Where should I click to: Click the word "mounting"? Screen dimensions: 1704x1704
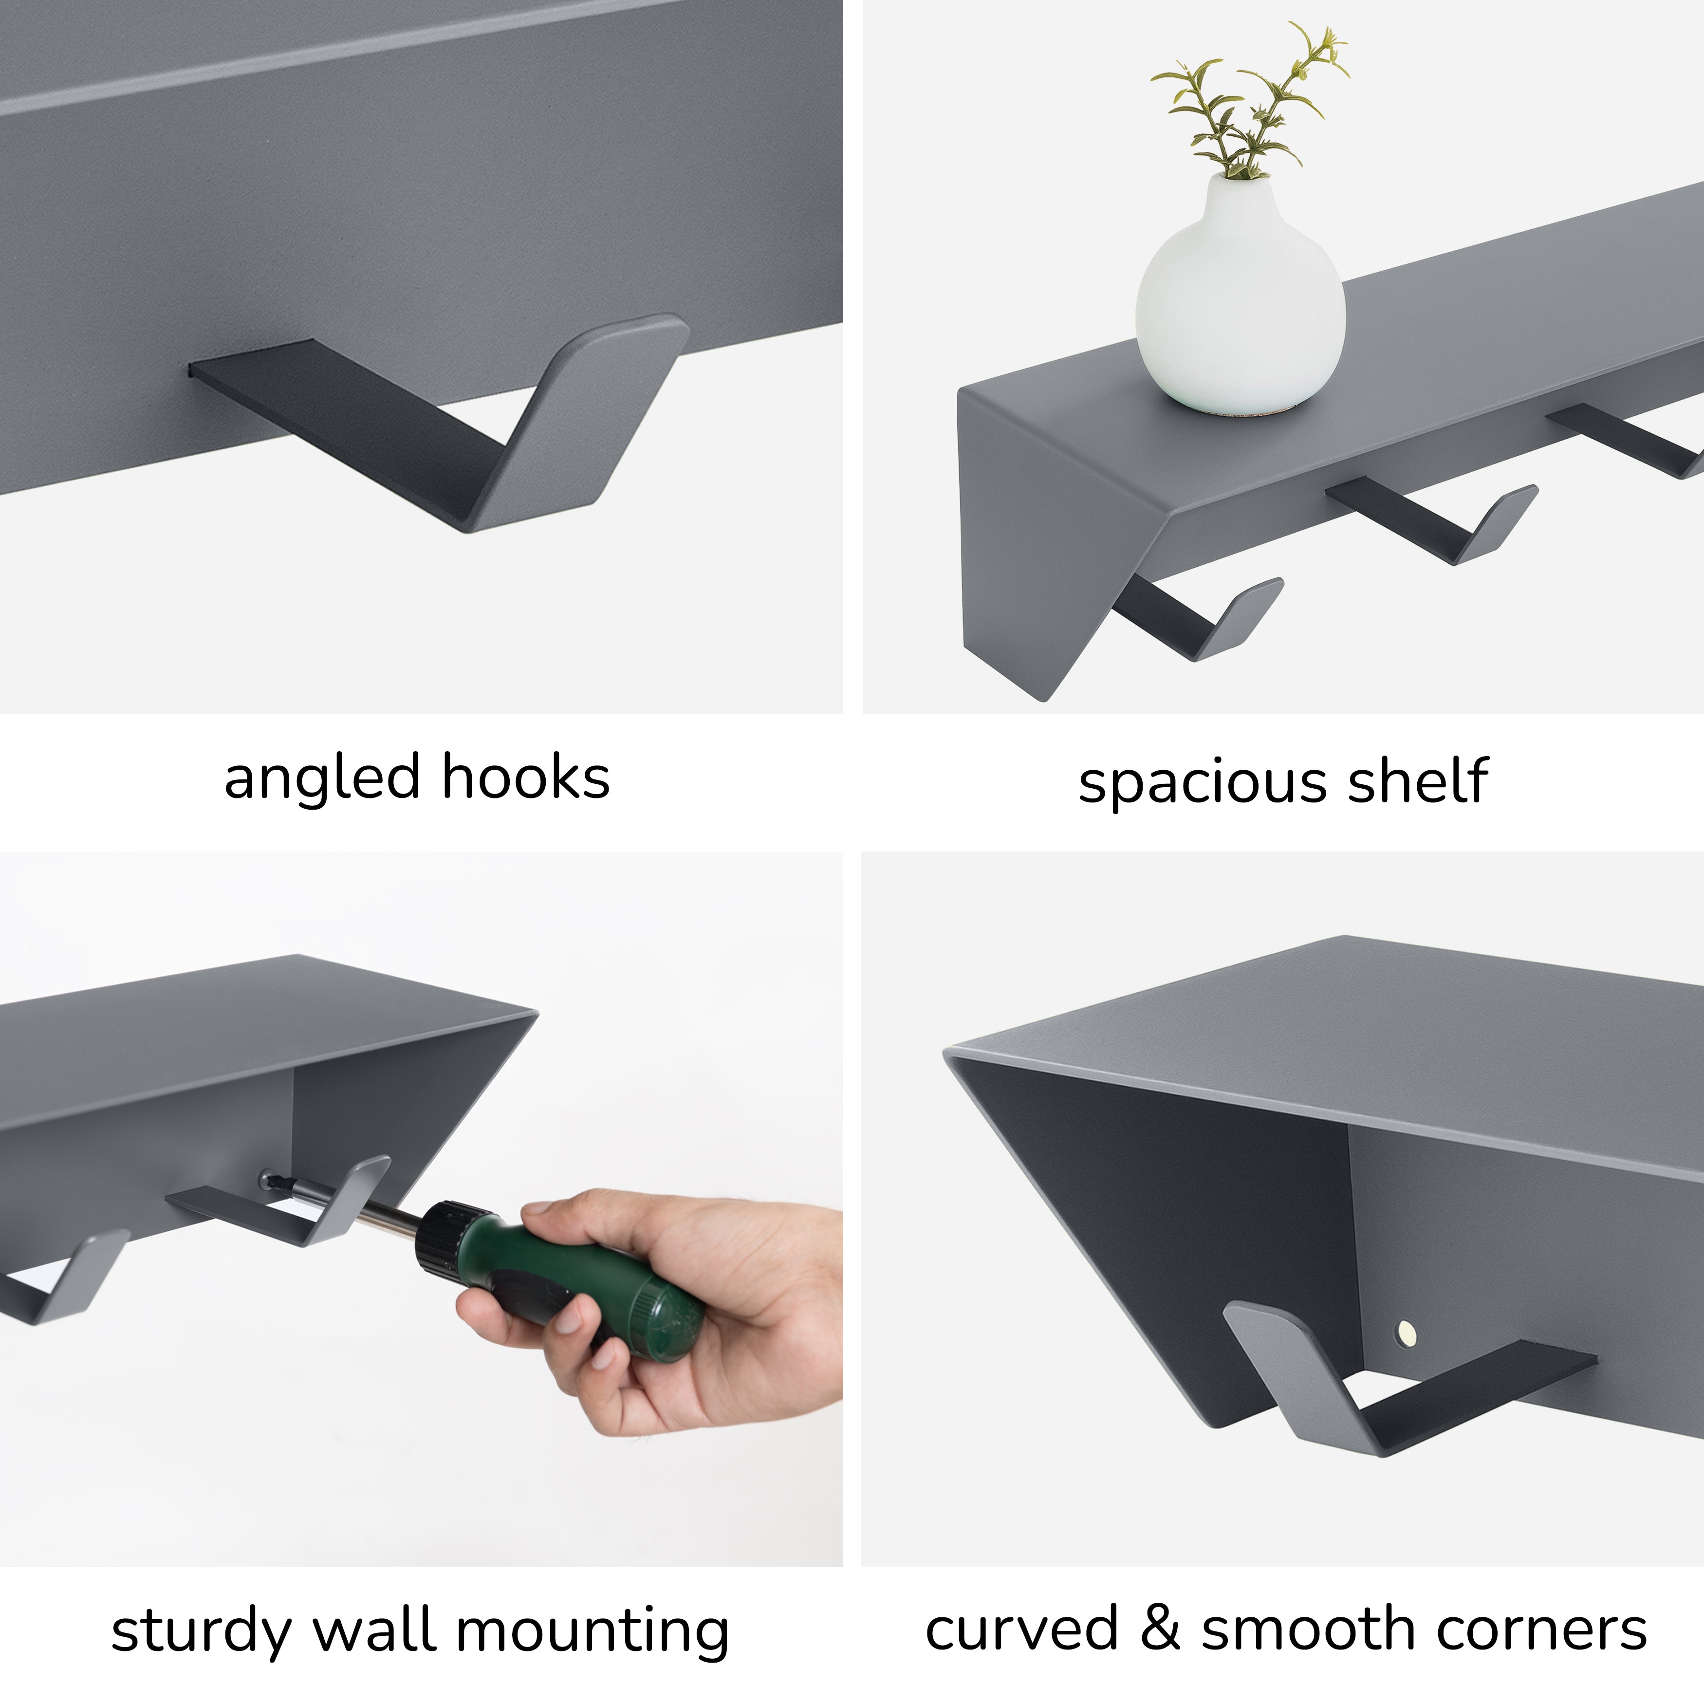(593, 1631)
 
